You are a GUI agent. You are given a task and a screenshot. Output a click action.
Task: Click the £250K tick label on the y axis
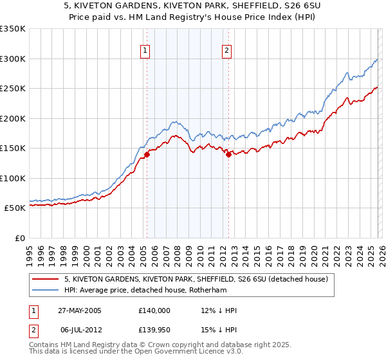(x=12, y=88)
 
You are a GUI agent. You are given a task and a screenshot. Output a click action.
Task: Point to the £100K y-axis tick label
(x=12, y=178)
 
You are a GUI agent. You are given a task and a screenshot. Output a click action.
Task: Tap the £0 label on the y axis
(x=19, y=238)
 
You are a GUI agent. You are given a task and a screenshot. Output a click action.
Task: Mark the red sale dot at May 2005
(x=147, y=154)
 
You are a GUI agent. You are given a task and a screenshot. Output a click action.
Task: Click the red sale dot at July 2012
(x=228, y=154)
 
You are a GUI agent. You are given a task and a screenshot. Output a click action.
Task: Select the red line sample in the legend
(x=46, y=279)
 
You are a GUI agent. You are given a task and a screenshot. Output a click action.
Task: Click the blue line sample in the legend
(x=46, y=290)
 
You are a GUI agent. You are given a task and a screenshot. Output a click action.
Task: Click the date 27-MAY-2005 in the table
(x=80, y=310)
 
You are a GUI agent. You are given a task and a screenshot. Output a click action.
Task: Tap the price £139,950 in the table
(x=154, y=330)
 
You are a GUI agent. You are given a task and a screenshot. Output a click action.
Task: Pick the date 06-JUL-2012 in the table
(x=79, y=330)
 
